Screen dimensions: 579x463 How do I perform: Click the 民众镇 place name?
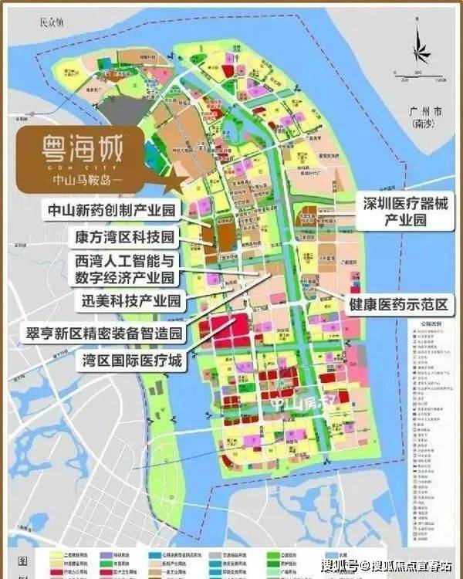pos(54,24)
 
